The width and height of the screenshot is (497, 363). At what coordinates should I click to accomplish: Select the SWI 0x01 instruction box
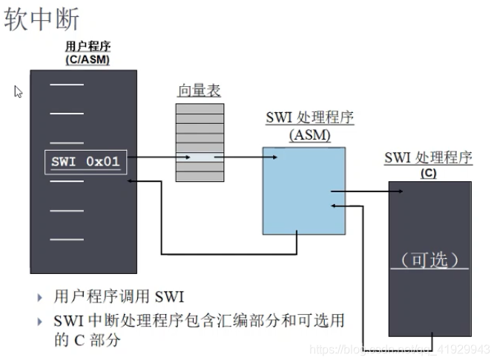85,162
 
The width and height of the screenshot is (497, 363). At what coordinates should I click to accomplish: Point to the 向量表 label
199,91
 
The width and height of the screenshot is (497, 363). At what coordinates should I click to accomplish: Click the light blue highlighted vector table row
199,157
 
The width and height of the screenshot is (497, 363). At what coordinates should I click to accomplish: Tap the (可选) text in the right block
429,260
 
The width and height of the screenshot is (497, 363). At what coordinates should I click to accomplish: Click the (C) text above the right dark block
428,174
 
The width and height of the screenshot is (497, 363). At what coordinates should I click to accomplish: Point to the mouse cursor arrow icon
19,92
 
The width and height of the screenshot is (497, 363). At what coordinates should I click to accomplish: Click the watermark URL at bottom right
401,349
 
